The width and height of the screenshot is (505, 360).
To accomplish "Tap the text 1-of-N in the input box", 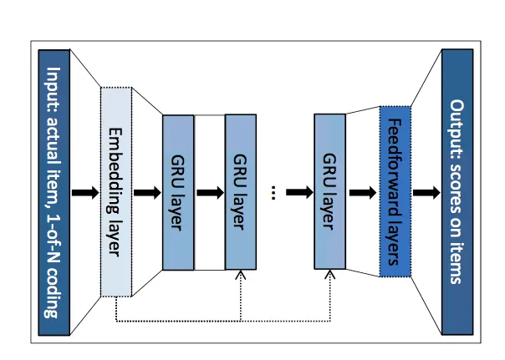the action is coord(54,236).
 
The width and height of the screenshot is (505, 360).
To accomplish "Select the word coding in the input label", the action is coord(53,291).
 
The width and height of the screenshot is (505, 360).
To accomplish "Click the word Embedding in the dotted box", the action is coord(115,171).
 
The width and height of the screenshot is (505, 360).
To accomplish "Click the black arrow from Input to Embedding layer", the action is coord(85,193).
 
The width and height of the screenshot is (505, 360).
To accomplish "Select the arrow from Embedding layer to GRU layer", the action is coord(147,193).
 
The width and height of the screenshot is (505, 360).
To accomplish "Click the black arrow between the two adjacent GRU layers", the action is coord(210,193).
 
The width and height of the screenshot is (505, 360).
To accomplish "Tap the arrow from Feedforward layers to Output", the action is coord(426,193).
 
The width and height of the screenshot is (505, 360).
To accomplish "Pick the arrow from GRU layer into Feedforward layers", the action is coord(363,193).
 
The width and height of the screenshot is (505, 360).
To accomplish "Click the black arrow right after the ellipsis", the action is coord(299,192).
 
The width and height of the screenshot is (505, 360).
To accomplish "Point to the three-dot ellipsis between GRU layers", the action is coord(273,192).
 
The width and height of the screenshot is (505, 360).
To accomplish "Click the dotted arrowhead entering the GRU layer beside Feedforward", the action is coord(329,275).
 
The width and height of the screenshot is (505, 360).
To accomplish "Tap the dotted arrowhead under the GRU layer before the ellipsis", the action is coord(241,275).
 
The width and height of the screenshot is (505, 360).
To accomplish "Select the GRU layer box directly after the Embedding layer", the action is coord(178,192).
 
